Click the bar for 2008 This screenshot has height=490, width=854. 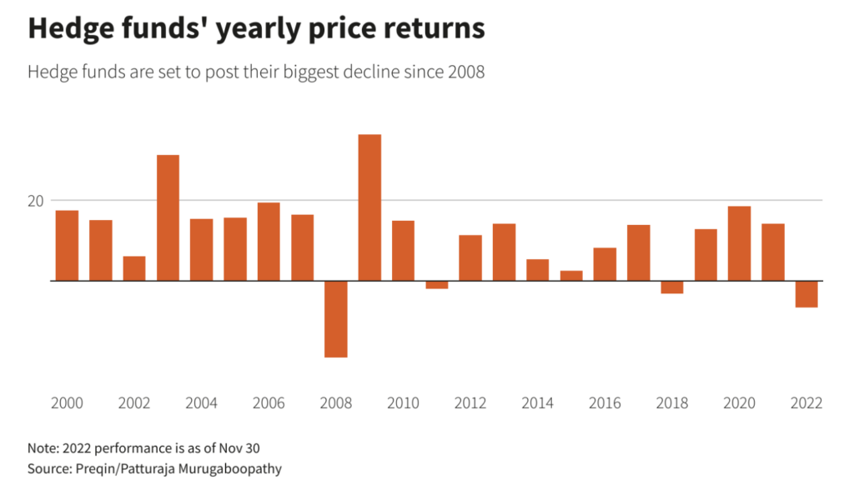coord(336,318)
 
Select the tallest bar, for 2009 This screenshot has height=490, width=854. coord(369,207)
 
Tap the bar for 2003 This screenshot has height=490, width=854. coord(168,217)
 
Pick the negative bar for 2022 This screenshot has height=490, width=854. coord(806,294)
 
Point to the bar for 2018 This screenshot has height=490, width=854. coord(672,287)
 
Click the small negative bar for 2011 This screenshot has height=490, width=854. coord(437,285)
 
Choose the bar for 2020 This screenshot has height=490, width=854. coord(739,243)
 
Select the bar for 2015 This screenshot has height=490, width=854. coord(571,276)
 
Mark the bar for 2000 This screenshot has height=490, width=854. coord(67,246)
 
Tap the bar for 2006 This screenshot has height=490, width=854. coord(269,242)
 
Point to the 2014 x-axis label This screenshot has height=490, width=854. coord(537,403)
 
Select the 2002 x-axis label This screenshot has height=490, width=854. coord(134,403)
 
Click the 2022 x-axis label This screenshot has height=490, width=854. coord(806,403)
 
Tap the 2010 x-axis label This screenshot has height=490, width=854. coord(403,403)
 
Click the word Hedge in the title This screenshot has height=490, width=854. coord(67,28)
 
